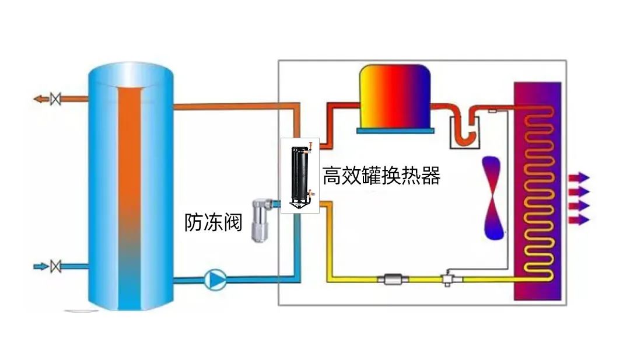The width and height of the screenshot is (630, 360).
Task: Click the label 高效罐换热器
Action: (x=381, y=176)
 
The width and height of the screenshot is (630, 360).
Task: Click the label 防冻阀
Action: (x=213, y=222)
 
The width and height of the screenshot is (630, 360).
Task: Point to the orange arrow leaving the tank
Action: (x=41, y=99)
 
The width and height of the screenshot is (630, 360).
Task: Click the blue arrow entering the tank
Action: (x=41, y=266)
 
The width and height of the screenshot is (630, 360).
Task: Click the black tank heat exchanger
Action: (x=300, y=174)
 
